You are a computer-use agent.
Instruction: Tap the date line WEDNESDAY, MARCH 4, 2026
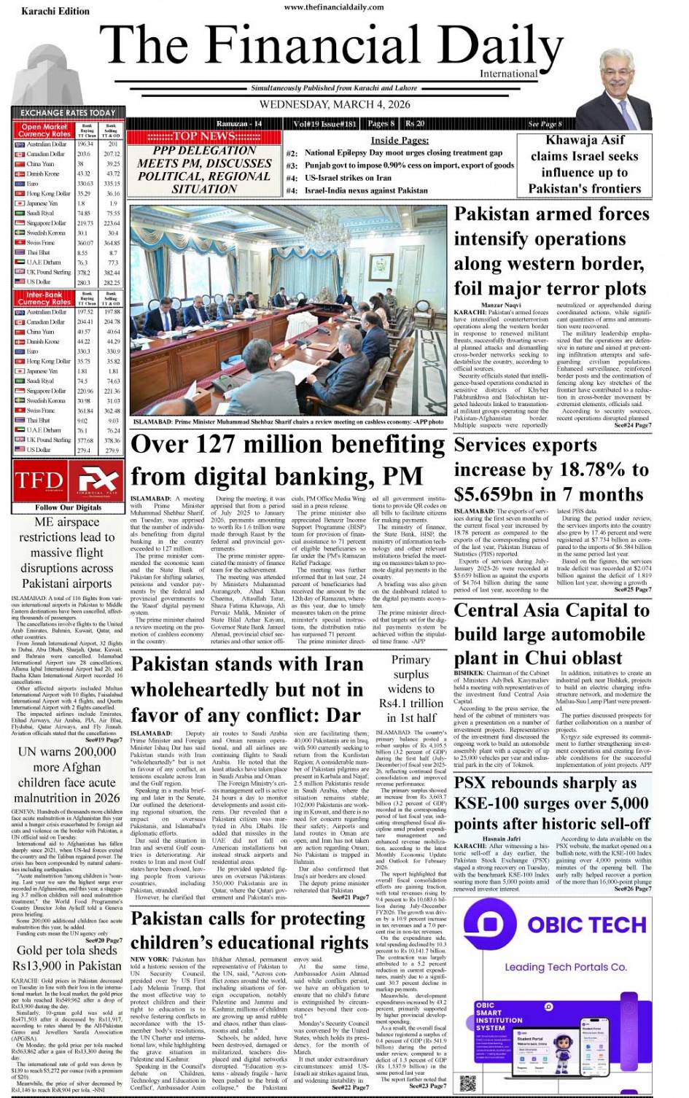pyautogui.click(x=335, y=104)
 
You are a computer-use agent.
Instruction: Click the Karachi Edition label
pyautogui.click(x=55, y=11)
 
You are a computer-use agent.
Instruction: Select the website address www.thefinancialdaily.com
pyautogui.click(x=335, y=7)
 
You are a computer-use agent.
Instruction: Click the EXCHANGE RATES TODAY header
pyautogui.click(x=68, y=113)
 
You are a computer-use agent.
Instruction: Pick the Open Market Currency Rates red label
pyautogui.click(x=44, y=131)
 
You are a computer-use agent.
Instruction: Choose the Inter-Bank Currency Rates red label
pyautogui.click(x=44, y=298)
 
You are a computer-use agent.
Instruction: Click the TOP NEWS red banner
pyautogui.click(x=191, y=136)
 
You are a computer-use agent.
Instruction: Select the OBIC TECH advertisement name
pyautogui.click(x=587, y=924)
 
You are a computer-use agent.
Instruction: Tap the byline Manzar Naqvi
pyautogui.click(x=501, y=305)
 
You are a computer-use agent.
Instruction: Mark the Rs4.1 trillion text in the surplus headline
pyautogui.click(x=410, y=704)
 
